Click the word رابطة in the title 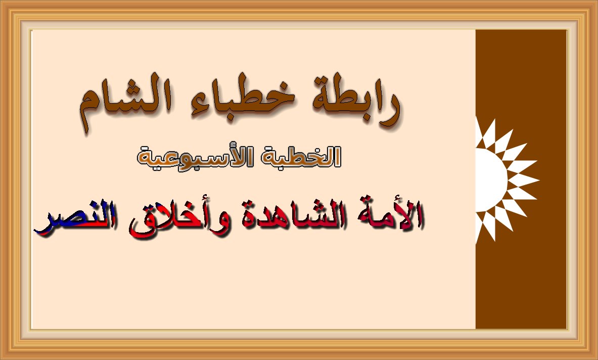[x=357, y=101]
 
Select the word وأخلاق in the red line [x=172, y=217]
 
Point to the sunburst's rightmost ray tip [x=539, y=179]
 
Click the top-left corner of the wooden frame [x=1, y=1]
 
